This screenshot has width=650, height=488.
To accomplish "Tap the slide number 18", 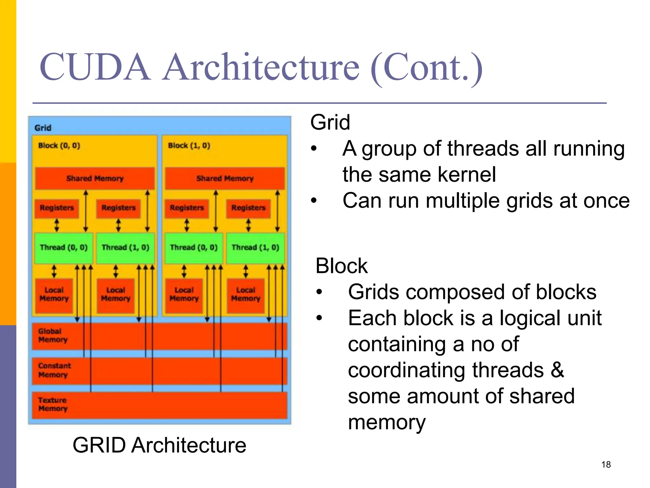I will [x=606, y=464].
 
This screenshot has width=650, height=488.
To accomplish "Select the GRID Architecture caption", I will [x=159, y=445].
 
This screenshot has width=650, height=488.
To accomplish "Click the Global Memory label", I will [x=53, y=335].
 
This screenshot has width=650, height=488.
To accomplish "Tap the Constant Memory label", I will [x=54, y=370].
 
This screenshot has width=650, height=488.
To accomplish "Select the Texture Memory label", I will [x=53, y=404].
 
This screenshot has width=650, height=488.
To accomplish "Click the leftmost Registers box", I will [x=57, y=208].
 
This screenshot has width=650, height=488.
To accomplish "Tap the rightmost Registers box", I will [x=248, y=208].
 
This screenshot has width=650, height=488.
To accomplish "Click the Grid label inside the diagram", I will [x=43, y=128].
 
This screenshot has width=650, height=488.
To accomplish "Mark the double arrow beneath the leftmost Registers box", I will [x=57, y=225].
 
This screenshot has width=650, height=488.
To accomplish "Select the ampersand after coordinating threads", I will [x=557, y=370].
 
